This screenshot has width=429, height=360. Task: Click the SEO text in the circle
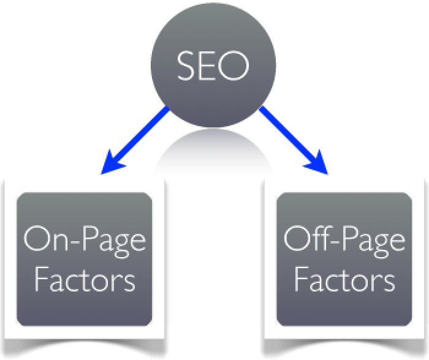click(x=213, y=66)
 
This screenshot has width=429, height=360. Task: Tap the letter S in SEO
click(x=186, y=66)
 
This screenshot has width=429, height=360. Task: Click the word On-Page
click(x=84, y=239)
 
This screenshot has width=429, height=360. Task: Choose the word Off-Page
click(x=344, y=239)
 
